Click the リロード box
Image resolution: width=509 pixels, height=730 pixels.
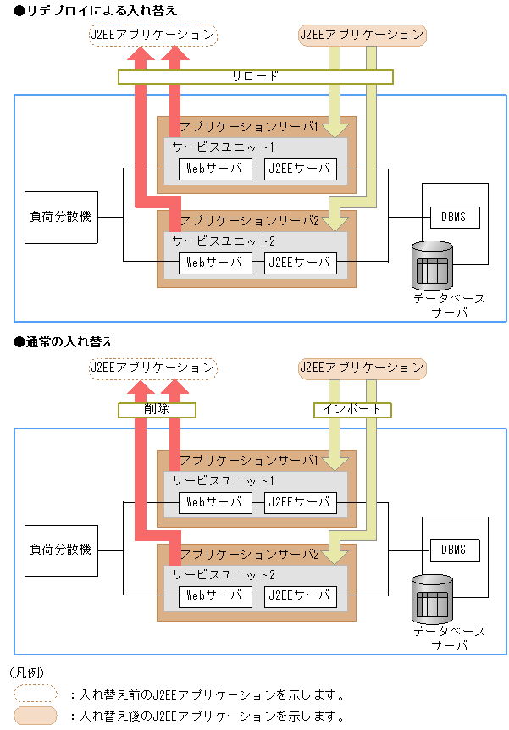(255, 76)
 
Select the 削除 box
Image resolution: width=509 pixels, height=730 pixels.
(156, 410)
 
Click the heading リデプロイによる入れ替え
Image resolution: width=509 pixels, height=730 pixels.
(95, 9)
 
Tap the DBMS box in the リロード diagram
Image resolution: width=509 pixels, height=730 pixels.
(453, 217)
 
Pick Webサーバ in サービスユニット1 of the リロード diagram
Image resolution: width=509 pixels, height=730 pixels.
(215, 169)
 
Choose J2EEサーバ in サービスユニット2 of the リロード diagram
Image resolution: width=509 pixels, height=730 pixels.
(300, 263)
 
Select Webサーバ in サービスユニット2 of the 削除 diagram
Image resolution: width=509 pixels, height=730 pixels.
(215, 595)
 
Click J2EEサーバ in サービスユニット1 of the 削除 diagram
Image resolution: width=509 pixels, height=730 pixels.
(300, 502)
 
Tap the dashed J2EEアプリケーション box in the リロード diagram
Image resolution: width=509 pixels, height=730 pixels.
(152, 36)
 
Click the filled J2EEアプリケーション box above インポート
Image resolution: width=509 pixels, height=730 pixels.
(362, 368)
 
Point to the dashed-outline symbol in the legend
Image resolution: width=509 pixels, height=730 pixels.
(36, 694)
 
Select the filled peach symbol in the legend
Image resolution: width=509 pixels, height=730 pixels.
(36, 716)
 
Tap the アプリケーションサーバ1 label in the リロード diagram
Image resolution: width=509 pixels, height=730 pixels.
(249, 127)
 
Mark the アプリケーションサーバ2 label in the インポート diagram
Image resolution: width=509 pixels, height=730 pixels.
(249, 555)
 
